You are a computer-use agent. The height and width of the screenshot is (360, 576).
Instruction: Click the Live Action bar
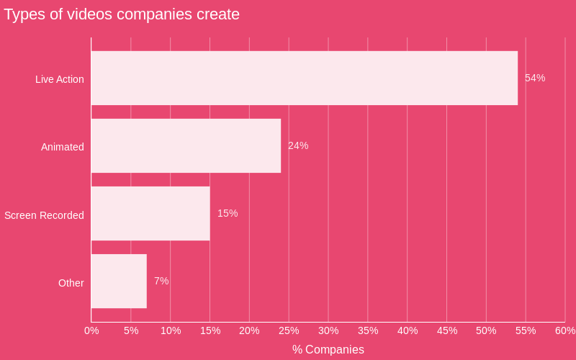tap(304, 78)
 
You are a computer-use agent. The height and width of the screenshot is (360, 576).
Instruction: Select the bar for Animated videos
tap(186, 145)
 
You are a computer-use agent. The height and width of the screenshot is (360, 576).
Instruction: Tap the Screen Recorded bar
tap(150, 213)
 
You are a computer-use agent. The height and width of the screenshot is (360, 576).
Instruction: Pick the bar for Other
tap(119, 281)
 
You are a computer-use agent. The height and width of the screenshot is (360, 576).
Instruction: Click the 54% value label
tap(535, 78)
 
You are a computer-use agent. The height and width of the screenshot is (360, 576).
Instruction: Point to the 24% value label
tap(298, 145)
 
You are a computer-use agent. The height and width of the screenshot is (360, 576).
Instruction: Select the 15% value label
tap(228, 213)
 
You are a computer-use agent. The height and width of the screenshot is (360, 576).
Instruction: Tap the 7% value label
tap(161, 281)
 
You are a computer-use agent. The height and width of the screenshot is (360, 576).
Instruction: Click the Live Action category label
tap(60, 79)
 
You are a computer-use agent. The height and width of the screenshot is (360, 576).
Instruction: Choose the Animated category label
tap(63, 147)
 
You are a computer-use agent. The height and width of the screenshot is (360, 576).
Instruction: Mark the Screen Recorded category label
tap(44, 215)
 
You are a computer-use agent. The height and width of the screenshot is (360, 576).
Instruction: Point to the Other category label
tap(71, 283)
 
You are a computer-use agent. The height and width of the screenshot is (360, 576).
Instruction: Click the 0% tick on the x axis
tap(91, 330)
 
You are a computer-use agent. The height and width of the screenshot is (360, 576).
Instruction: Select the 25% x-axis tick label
tap(289, 330)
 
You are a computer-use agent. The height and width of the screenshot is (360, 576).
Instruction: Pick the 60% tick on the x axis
tap(565, 330)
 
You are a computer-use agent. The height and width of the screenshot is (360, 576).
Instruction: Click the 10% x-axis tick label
tap(171, 330)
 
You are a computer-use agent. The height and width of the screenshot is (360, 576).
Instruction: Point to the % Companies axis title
tap(328, 350)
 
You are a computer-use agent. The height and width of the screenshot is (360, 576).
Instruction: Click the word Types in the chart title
tap(23, 14)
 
